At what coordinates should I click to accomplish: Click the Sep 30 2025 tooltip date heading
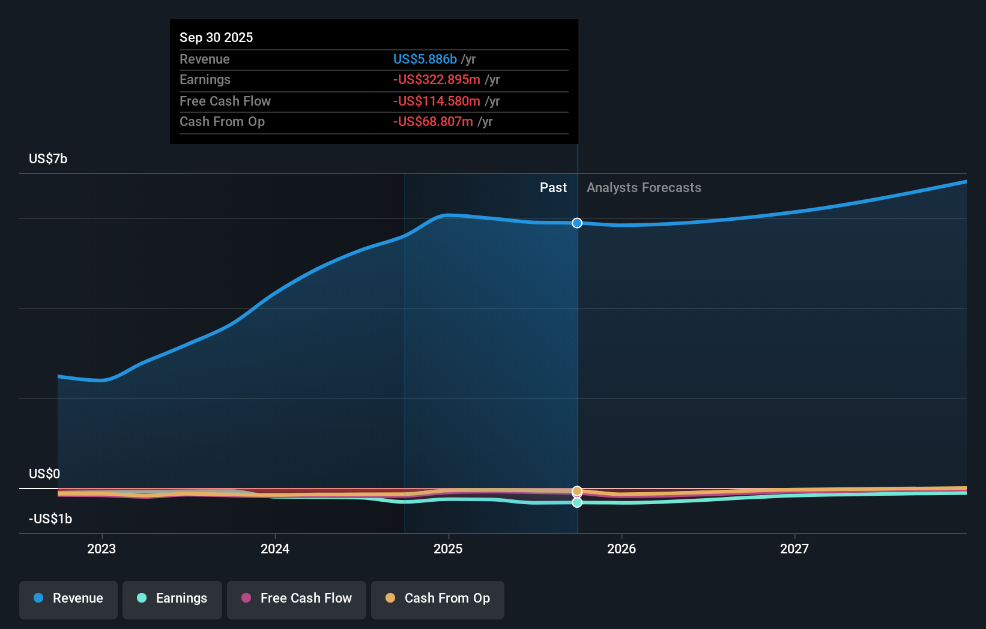(216, 37)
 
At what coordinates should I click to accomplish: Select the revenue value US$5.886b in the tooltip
(425, 59)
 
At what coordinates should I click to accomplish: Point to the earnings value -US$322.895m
(437, 79)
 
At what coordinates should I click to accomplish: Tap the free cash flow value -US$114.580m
(437, 101)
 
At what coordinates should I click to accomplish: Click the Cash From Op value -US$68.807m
(433, 121)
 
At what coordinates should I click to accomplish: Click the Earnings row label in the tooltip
(205, 79)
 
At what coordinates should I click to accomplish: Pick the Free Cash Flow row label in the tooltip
(225, 101)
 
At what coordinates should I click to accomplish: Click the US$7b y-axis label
(48, 158)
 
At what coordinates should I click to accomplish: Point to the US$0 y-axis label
(44, 474)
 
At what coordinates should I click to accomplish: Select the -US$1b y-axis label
(50, 519)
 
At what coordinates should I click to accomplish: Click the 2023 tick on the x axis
(101, 549)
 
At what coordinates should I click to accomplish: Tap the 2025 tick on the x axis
(448, 549)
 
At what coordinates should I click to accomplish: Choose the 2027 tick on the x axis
(794, 549)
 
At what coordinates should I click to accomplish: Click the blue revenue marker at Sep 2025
(577, 223)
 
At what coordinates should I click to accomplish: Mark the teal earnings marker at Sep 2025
(577, 502)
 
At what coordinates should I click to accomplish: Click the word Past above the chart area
(553, 187)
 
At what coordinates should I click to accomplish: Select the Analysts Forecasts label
(644, 187)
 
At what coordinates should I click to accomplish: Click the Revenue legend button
(68, 598)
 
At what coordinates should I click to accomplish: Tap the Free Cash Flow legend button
(297, 598)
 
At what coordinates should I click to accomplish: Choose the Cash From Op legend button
(438, 598)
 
